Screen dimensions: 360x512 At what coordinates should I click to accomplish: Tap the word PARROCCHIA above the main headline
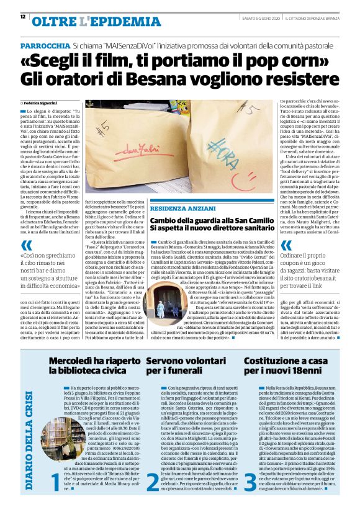tap(45, 47)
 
